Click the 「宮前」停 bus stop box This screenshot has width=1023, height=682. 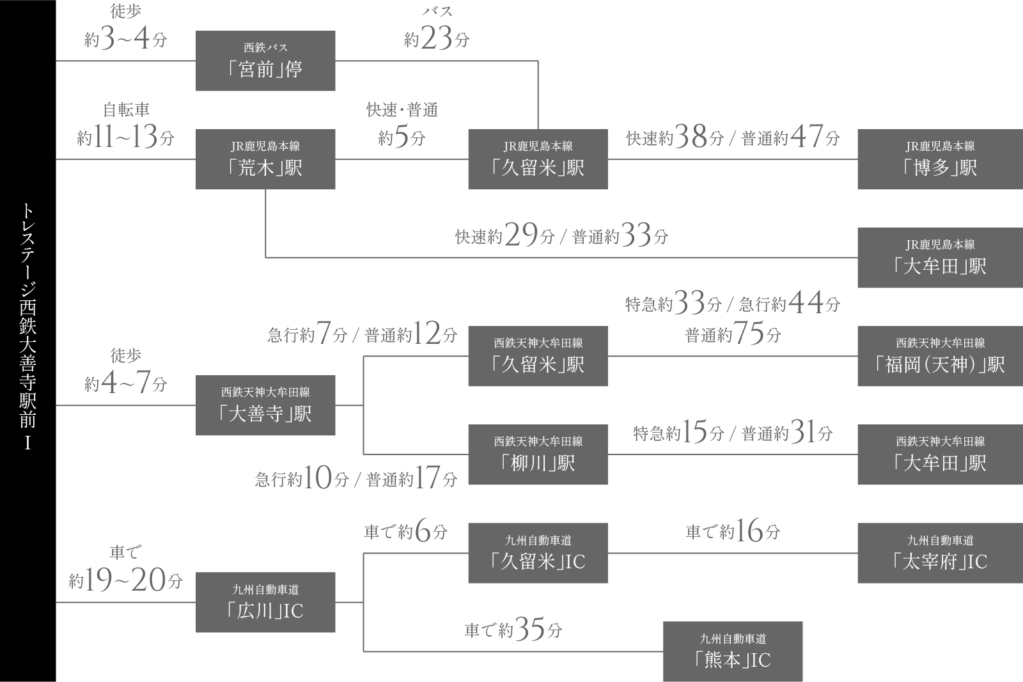pos(265,61)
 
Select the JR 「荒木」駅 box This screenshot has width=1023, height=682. pos(265,159)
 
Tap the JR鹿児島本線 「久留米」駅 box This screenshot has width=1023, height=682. pos(538,159)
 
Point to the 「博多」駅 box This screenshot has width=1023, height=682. pos(940,159)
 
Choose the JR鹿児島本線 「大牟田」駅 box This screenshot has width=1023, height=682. pos(940,258)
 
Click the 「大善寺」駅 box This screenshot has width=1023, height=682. pos(265,405)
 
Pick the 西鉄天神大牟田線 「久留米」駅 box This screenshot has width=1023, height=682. pos(538,356)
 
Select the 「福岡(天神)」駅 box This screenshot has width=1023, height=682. pos(940,356)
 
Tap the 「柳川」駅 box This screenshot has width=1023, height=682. pos(538,454)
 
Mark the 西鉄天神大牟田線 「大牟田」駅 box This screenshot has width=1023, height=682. pos(940,454)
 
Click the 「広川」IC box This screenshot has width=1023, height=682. pos(265,602)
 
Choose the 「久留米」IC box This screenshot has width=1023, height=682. pos(538,553)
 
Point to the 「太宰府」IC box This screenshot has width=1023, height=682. pos(940,553)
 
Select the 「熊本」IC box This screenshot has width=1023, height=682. pos(733,651)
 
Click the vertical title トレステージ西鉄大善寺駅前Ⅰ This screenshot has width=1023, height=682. pos(27,326)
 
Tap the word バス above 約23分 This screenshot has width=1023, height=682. pos(437,12)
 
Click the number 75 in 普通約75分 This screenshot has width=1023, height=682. pos(749,334)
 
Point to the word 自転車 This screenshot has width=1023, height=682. pos(126,110)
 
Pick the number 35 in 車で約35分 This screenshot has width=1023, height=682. pos(530,630)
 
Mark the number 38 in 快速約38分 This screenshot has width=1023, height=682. pos(691,137)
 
